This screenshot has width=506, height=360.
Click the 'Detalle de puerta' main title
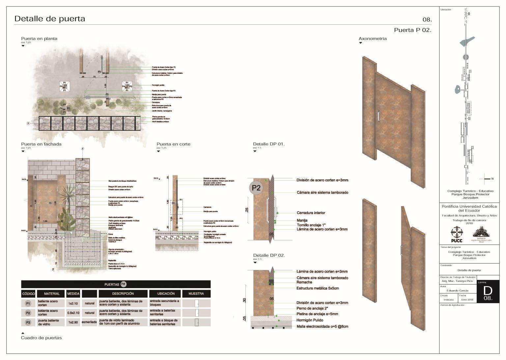tap(50, 19)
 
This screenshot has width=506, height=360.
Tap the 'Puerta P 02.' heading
tap(412, 30)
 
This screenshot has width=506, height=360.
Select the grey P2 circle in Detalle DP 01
tap(256, 188)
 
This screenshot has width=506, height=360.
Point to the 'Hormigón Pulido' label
tap(310, 320)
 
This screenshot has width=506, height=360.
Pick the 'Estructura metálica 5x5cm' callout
tap(318, 288)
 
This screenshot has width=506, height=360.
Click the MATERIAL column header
tap(52, 293)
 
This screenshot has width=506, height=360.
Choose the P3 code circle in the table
tap(28, 322)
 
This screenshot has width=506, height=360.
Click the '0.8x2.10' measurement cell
tap(73, 313)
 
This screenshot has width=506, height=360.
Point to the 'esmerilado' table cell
tap(89, 322)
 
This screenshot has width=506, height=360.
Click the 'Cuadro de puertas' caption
tap(41, 338)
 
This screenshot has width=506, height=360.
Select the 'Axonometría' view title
tap(372, 39)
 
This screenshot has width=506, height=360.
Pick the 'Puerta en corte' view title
tap(173, 144)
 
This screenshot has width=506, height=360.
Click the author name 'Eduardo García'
tap(457, 290)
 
